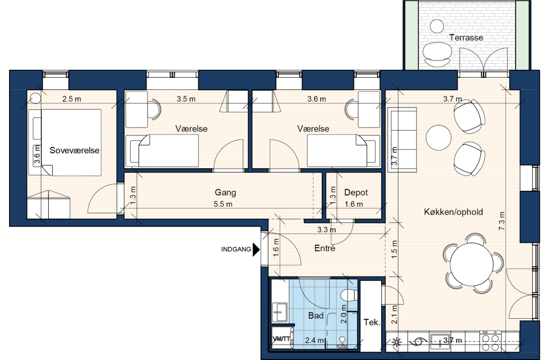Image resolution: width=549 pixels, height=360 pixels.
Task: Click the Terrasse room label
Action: pos(466,37)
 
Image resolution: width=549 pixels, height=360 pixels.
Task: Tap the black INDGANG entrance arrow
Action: pos(256,250)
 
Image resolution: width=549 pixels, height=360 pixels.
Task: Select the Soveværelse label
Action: pos(75,151)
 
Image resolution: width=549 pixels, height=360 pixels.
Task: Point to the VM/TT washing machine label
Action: pos(281,339)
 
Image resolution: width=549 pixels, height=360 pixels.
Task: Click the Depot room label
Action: pos(356,192)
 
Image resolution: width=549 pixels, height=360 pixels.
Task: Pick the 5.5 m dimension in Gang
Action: pos(223,204)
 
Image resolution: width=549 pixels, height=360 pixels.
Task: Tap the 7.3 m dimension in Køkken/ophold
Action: pos(501,221)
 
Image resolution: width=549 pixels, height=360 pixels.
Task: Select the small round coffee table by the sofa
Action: pos(439,138)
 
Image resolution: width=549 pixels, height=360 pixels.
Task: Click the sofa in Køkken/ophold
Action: pos(403,140)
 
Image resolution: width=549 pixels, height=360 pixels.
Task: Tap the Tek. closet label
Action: pos(372,322)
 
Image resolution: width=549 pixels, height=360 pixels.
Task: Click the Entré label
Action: pos(324,249)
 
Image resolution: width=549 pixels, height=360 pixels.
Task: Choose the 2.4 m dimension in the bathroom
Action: pos(314,340)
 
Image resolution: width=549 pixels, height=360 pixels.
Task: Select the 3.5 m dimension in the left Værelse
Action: pos(186,99)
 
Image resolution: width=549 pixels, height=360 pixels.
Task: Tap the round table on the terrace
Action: pos(436,26)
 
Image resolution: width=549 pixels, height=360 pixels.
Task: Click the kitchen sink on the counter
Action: pos(442,340)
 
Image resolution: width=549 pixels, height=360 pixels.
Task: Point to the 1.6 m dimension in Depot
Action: pos(354,204)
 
